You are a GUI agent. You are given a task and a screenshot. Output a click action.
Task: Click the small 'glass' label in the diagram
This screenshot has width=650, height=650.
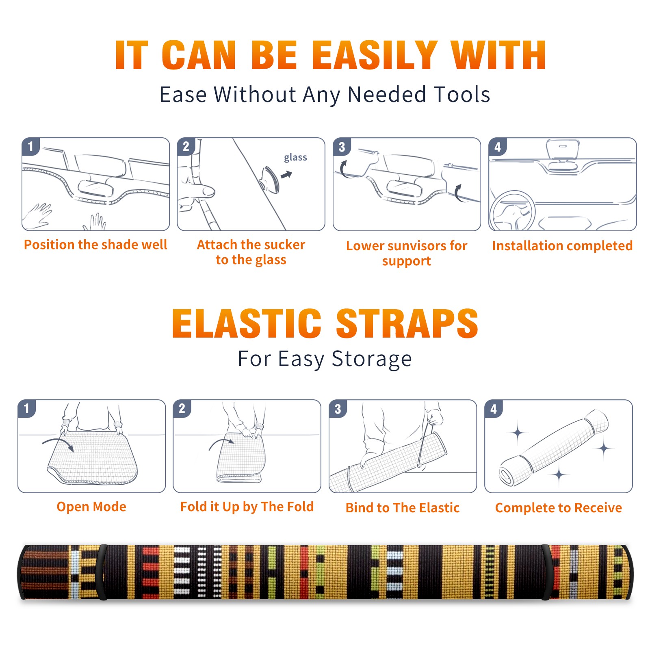(x=295, y=158)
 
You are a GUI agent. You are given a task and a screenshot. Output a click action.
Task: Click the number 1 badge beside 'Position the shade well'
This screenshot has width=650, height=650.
(x=31, y=146)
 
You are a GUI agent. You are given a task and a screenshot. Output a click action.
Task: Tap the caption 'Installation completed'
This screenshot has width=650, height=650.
(x=562, y=246)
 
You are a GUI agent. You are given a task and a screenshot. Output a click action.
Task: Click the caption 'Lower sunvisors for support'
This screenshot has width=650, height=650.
(x=407, y=253)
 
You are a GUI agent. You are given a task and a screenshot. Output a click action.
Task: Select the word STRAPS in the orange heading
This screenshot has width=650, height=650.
(x=407, y=323)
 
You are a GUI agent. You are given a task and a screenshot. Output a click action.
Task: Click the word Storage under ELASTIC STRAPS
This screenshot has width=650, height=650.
(x=372, y=359)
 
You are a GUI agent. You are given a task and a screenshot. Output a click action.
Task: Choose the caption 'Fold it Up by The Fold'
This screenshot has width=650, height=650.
(x=247, y=507)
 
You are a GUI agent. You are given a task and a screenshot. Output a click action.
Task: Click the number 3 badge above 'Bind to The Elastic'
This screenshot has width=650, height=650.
(x=338, y=409)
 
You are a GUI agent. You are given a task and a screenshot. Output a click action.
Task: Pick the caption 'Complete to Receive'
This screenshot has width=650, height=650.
(x=559, y=508)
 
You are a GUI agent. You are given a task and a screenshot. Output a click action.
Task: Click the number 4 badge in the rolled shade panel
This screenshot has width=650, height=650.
(x=494, y=409)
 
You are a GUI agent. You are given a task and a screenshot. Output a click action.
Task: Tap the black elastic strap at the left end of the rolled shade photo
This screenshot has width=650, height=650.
(x=102, y=572)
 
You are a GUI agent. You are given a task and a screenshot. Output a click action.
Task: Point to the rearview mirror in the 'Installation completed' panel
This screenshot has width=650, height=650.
(x=563, y=149)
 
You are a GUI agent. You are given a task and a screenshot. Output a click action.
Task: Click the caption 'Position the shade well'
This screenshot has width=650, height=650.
(x=95, y=245)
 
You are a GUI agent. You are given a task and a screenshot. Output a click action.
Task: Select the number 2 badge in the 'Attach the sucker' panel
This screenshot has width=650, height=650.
(x=186, y=146)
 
